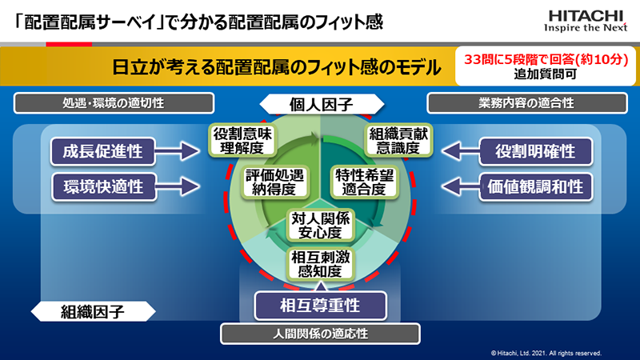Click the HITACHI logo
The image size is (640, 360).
click(x=586, y=21)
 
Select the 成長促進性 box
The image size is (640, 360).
click(x=103, y=151)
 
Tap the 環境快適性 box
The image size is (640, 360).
click(x=104, y=187)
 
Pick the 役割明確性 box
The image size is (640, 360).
click(x=535, y=151)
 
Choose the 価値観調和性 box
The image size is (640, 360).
click(x=535, y=187)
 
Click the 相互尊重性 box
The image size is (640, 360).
click(x=320, y=306)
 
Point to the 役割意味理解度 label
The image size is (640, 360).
click(x=242, y=141)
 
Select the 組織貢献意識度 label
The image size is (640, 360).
click(x=398, y=141)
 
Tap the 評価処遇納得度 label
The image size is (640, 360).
click(x=274, y=182)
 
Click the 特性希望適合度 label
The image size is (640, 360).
click(x=364, y=182)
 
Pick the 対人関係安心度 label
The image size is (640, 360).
click(x=321, y=226)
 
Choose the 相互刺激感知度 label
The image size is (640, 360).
click(x=321, y=264)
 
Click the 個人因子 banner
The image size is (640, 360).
click(x=322, y=105)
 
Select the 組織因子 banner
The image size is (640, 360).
click(x=93, y=312)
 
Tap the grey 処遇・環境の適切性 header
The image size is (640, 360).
click(x=114, y=103)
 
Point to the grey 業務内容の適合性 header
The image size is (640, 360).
click(x=527, y=103)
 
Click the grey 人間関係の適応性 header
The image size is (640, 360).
click(x=321, y=334)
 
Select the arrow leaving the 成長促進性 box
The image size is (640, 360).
click(x=178, y=151)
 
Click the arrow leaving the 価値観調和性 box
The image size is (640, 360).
click(x=461, y=187)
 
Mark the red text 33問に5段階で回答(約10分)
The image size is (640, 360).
click(x=546, y=59)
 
